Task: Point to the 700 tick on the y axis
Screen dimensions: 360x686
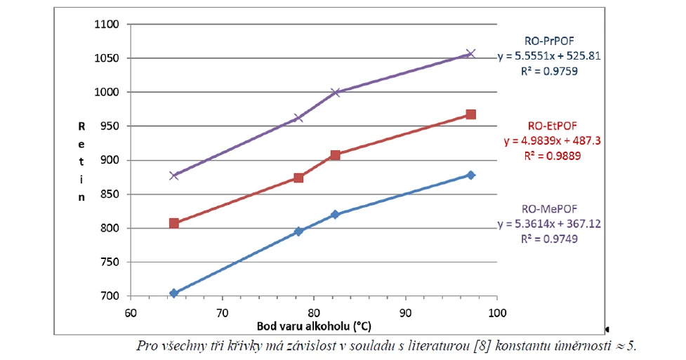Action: (110, 296)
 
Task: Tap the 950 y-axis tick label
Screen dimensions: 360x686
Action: (110, 126)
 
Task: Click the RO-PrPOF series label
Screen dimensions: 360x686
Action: (549, 41)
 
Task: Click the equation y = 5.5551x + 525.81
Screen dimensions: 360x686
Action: (549, 55)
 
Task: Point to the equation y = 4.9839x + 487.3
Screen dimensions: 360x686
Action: (551, 141)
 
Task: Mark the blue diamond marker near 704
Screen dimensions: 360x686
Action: (173, 293)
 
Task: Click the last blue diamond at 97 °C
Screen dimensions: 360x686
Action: (470, 175)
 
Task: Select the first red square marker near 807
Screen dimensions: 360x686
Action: (173, 223)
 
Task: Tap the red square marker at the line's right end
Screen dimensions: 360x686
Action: (470, 114)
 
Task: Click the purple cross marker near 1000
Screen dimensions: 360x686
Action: (335, 93)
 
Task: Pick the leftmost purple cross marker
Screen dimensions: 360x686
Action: (173, 175)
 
